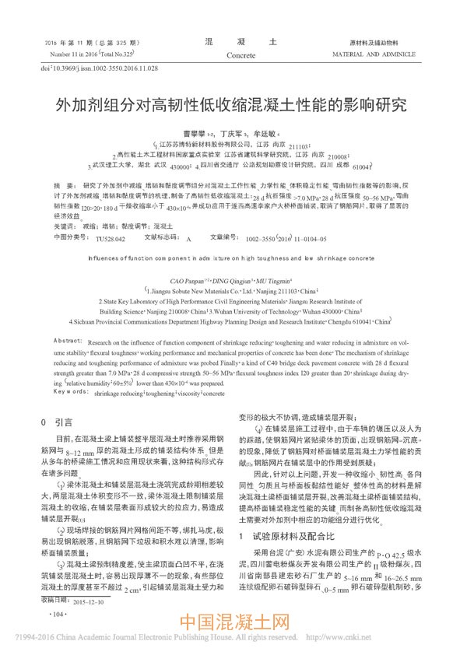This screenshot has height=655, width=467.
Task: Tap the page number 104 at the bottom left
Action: click(x=58, y=615)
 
